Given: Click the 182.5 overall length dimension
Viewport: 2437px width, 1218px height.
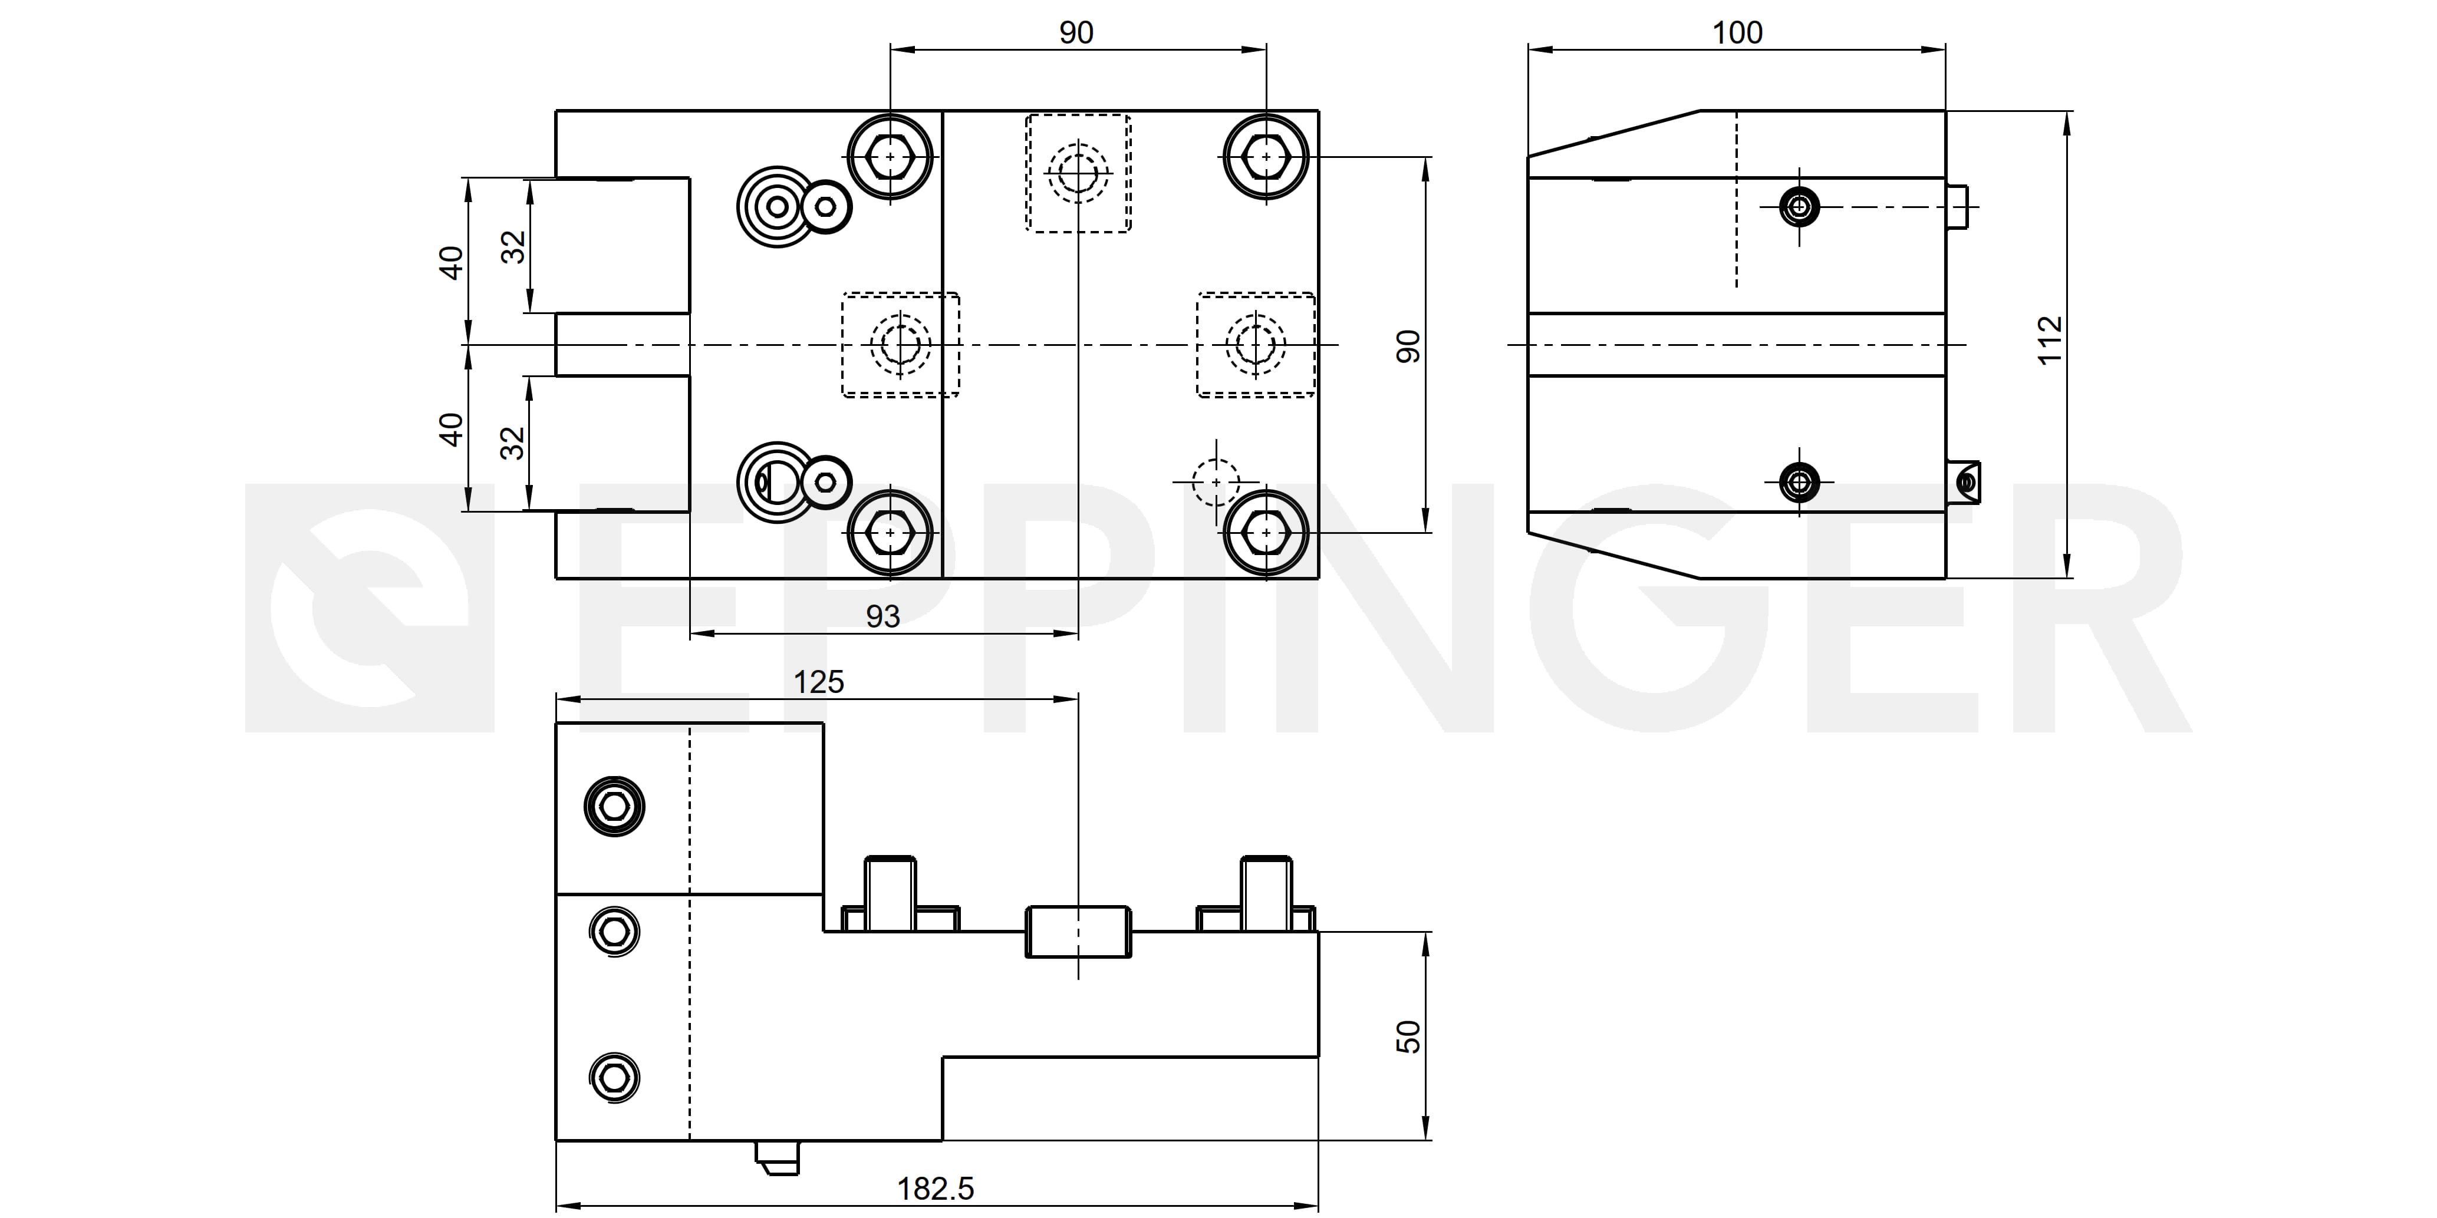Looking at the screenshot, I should [x=935, y=1189].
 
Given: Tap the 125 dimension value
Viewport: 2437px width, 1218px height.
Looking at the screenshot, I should [x=818, y=682].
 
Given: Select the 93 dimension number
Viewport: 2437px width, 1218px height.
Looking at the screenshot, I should [x=882, y=616].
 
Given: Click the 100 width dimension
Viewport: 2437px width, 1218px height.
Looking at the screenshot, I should [x=1737, y=33].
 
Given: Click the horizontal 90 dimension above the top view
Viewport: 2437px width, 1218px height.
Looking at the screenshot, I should [x=1076, y=33].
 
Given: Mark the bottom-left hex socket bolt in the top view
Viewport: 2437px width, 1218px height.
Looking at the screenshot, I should [x=890, y=533].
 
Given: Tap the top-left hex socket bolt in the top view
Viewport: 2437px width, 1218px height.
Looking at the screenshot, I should [x=890, y=156].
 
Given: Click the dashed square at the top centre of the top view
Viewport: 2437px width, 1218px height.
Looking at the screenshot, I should [x=1078, y=173].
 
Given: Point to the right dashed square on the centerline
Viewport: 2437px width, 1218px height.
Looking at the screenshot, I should [x=1256, y=344].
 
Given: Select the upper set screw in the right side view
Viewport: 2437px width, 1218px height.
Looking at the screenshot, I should [x=1799, y=206].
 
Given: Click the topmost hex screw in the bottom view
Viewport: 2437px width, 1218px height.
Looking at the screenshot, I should [x=615, y=807].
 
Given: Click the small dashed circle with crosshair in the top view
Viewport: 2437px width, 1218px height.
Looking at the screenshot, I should [x=1216, y=482].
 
